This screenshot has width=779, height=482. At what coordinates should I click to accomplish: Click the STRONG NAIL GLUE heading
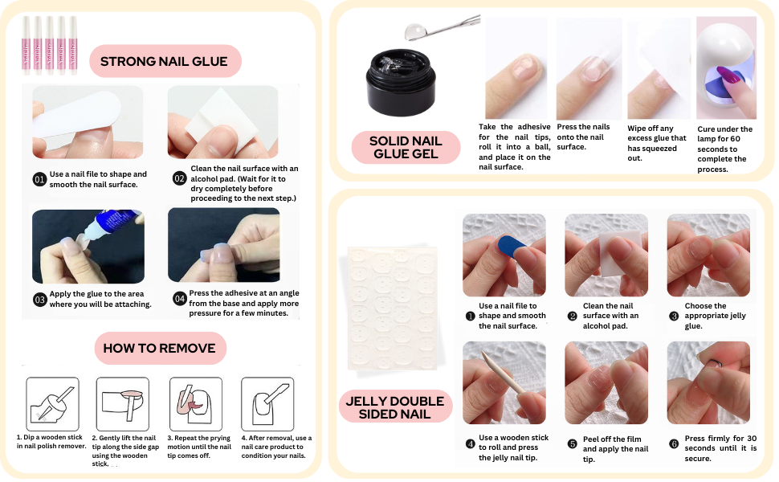click(165, 61)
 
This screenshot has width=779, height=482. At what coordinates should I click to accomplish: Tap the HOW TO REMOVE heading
click(160, 348)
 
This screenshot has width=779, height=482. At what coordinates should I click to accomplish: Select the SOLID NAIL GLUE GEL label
click(406, 147)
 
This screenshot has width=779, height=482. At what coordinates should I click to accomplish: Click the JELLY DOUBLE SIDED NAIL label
click(394, 407)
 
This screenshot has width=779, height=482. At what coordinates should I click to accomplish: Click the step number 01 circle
click(39, 179)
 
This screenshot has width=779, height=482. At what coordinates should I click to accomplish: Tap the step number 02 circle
click(180, 179)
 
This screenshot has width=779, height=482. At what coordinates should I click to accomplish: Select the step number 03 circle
click(39, 300)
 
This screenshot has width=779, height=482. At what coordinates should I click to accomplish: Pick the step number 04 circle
click(180, 300)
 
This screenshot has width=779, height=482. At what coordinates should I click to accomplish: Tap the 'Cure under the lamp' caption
click(724, 149)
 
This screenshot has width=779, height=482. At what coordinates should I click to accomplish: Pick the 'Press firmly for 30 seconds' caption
click(720, 448)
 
